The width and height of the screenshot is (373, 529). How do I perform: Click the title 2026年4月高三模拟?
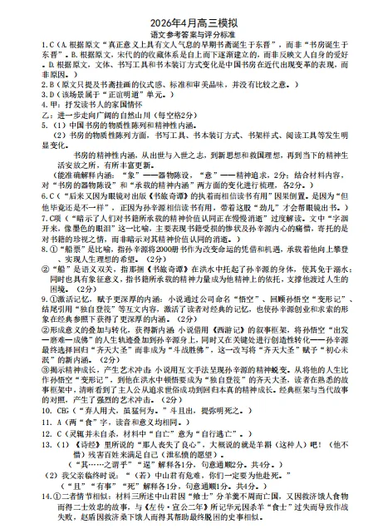pyautogui.click(x=187, y=10)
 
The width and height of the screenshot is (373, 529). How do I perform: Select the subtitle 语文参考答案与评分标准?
pyautogui.click(x=187, y=25)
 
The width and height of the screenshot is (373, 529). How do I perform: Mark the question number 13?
pyautogui.click(x=22, y=445)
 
